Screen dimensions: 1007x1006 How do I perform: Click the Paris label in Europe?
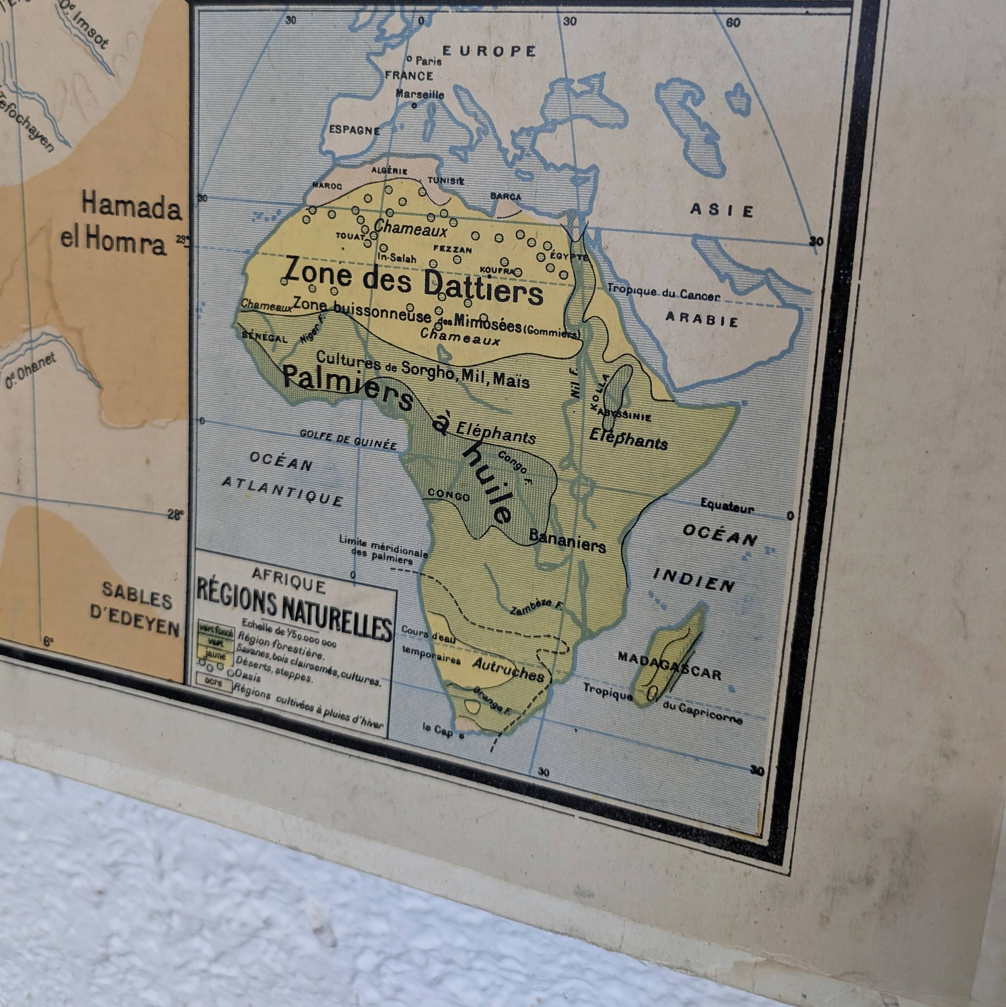[428, 61]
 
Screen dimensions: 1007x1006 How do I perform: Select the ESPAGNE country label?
[354, 130]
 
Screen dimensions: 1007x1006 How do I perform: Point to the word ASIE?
[721, 210]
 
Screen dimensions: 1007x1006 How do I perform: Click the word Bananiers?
[567, 541]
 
